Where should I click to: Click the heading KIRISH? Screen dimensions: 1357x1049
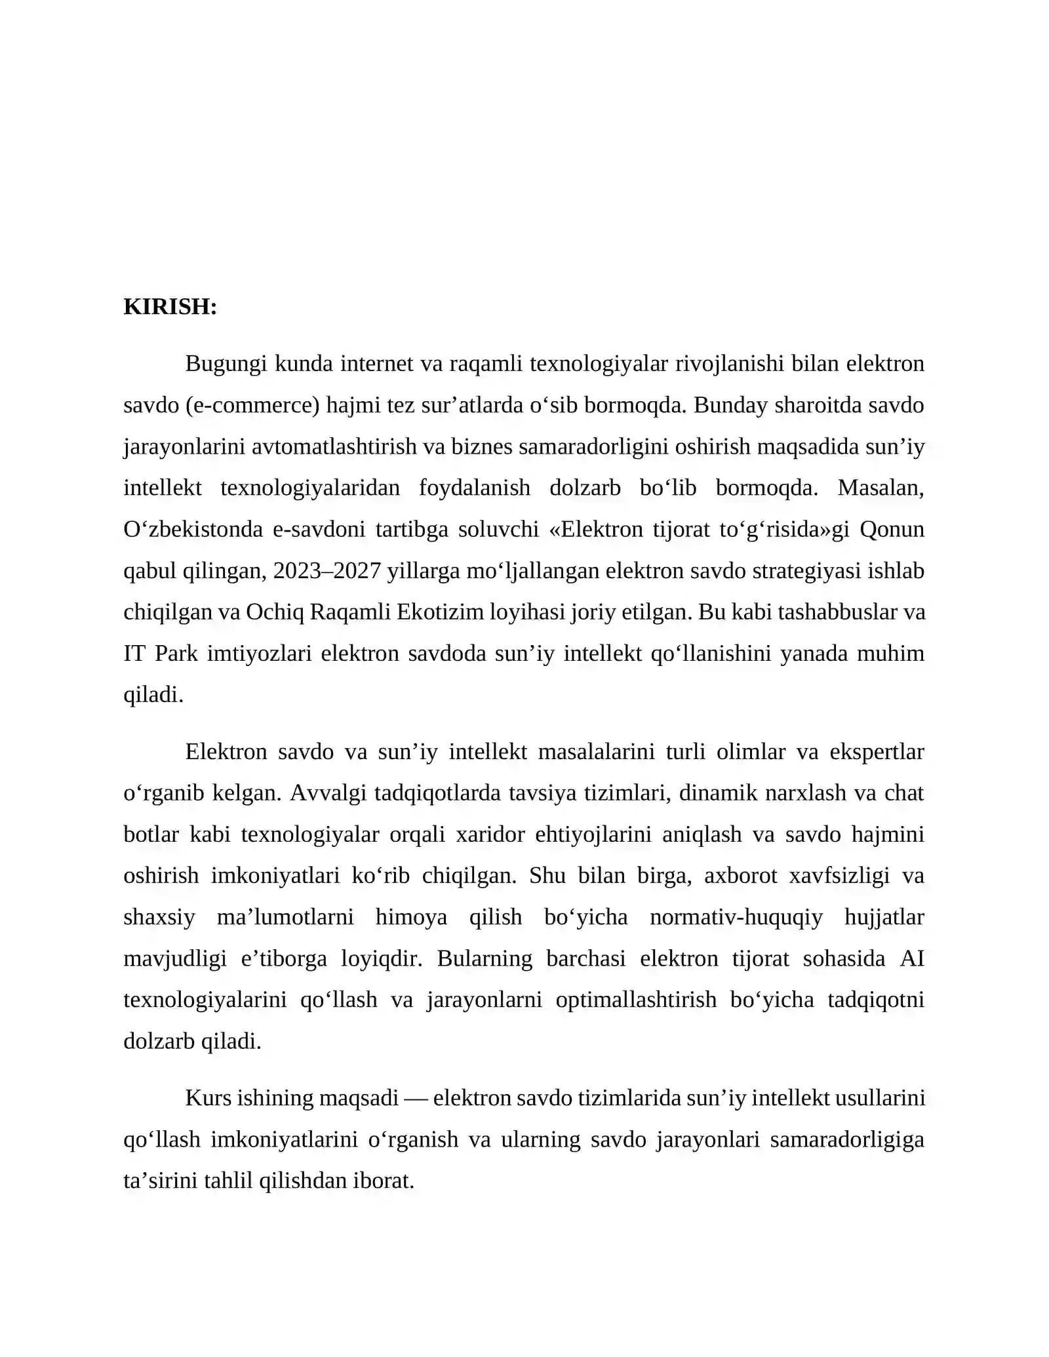170,307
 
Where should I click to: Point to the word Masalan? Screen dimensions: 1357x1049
881,488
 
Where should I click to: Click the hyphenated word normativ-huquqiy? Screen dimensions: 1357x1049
736,917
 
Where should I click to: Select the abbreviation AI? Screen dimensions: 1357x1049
911,958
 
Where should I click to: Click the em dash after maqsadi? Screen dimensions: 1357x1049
416,1098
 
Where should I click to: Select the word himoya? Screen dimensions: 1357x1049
411,917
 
